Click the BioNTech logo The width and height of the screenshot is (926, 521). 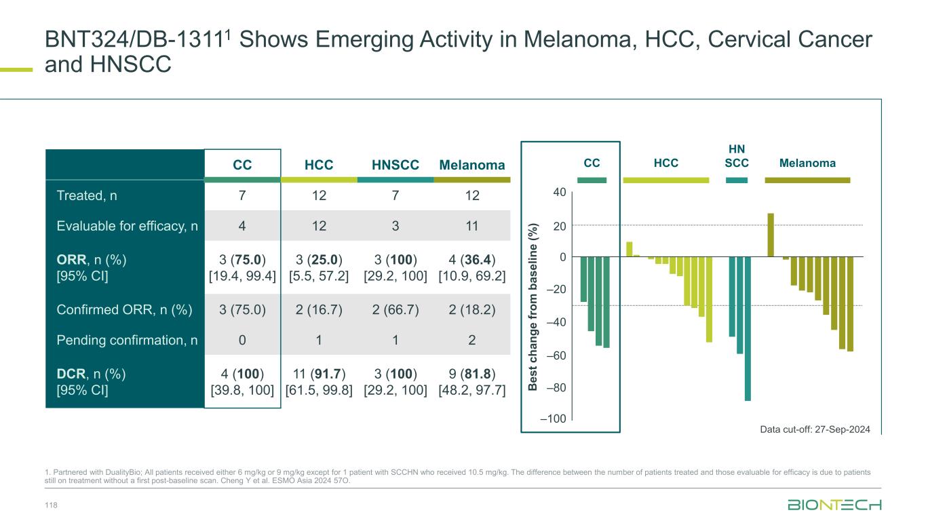pyautogui.click(x=834, y=505)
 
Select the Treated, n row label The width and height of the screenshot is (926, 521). pyautogui.click(x=86, y=196)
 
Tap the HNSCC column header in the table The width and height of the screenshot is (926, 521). pyautogui.click(x=396, y=165)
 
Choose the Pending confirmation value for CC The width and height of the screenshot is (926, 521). pyautogui.click(x=242, y=341)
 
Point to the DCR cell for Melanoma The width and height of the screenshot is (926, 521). pyautogui.click(x=472, y=382)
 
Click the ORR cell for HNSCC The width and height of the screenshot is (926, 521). pyautogui.click(x=396, y=268)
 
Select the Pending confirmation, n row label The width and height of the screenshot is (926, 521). pyautogui.click(x=128, y=341)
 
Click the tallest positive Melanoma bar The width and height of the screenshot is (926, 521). pyautogui.click(x=771, y=235)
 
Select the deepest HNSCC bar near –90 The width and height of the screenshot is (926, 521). pyautogui.click(x=748, y=328)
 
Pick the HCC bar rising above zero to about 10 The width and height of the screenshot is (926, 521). pyautogui.click(x=629, y=249)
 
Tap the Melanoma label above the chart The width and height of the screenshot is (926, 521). pyautogui.click(x=807, y=163)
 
